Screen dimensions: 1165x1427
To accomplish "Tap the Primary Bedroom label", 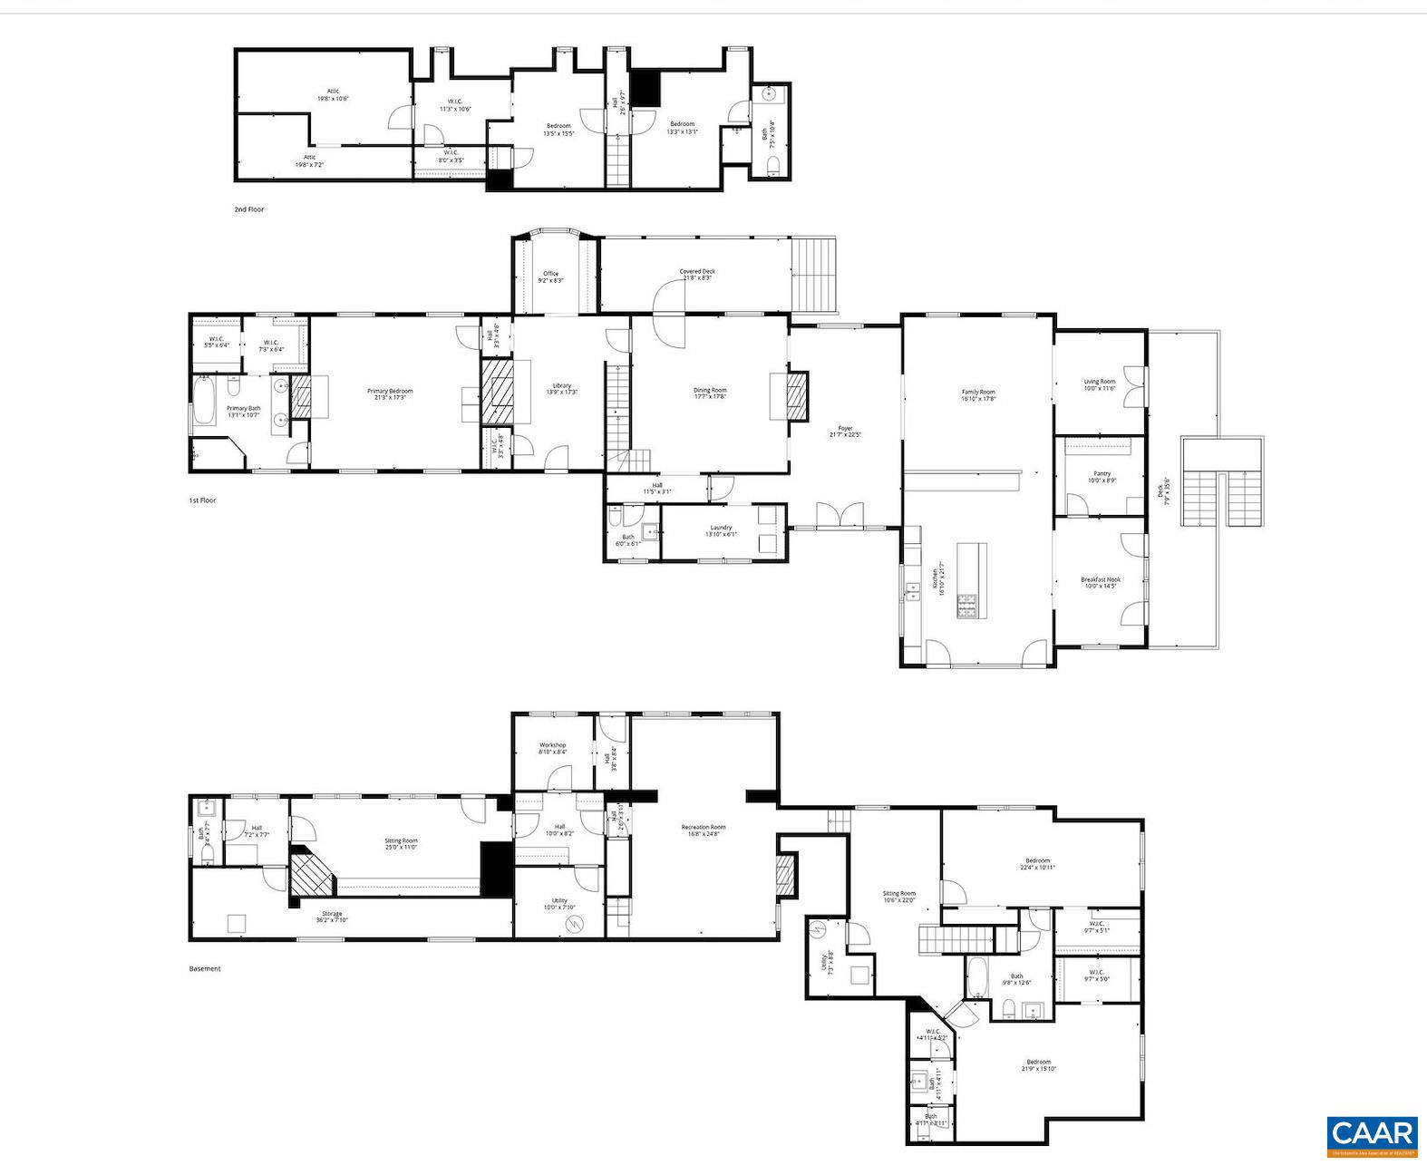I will tap(390, 393).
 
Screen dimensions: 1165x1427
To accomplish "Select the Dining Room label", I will tap(710, 393).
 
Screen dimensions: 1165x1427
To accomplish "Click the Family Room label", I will tap(978, 394).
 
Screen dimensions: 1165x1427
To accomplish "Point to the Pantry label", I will tap(1102, 476).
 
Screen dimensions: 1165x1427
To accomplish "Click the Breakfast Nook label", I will tap(1100, 582).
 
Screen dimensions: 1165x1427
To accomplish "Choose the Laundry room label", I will tap(721, 530).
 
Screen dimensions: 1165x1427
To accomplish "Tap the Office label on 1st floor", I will tap(550, 277).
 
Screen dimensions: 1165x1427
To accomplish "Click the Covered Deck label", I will tap(696, 274).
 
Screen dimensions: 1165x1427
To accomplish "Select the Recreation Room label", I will tap(704, 830).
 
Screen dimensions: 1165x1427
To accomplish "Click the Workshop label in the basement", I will tap(552, 748).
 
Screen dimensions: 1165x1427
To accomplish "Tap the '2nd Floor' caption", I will tap(248, 209).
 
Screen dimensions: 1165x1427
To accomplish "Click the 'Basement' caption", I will tap(204, 968).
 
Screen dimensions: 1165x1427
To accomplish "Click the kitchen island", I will tap(970, 580).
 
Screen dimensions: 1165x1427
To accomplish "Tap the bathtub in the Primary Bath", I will tap(206, 403).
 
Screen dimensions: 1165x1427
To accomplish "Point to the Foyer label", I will tap(845, 431).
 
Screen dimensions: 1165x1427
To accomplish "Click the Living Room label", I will tap(1099, 384).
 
